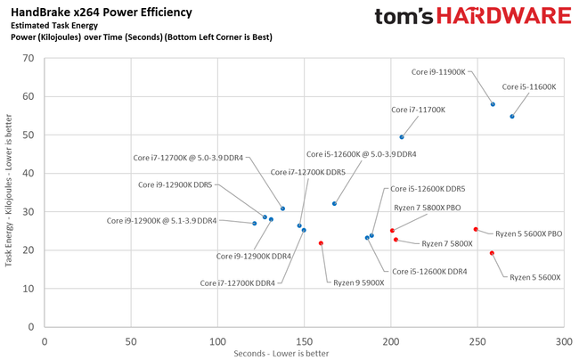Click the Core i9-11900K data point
[493, 104]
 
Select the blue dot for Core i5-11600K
[512, 117]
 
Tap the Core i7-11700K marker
[402, 137]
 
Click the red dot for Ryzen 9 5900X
[321, 243]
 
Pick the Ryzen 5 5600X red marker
[492, 253]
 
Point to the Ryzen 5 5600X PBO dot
[476, 229]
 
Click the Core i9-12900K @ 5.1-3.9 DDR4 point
[255, 224]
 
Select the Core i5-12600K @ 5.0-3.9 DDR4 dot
[335, 204]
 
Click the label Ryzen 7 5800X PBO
[427, 207]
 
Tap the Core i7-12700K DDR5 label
[307, 172]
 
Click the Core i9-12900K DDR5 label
[175, 184]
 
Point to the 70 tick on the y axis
[28, 58]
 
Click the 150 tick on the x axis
[304, 341]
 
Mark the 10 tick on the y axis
[28, 289]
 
